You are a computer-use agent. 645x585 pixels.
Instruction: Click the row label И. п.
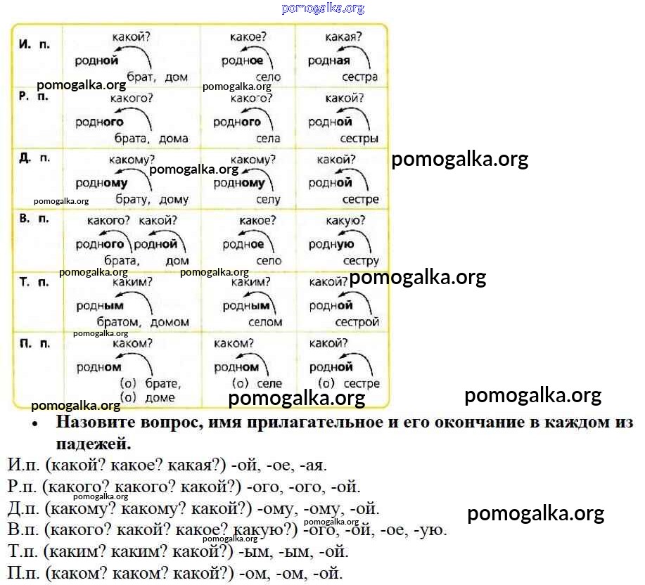click(x=34, y=44)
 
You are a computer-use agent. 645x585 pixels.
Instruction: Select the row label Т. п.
click(x=34, y=283)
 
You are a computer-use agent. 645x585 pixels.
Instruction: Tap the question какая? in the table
click(x=344, y=37)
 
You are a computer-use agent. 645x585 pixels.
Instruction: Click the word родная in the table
click(x=329, y=61)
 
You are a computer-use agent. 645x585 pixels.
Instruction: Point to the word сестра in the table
click(x=359, y=77)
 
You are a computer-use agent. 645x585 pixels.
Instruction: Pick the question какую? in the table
click(x=345, y=221)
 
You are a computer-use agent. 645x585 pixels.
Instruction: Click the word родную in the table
click(x=331, y=245)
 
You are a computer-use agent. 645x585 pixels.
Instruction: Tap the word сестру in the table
click(x=361, y=261)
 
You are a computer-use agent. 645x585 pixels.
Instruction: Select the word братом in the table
click(x=118, y=322)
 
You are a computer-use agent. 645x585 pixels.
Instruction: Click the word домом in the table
click(x=170, y=322)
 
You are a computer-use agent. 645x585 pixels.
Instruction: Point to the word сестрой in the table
click(x=357, y=322)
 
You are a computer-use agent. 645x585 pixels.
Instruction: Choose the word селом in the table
click(x=265, y=322)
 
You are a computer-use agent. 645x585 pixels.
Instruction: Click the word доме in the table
click(x=160, y=398)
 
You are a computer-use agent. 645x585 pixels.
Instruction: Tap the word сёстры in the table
click(x=359, y=139)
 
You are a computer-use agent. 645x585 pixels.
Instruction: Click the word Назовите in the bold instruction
click(x=96, y=423)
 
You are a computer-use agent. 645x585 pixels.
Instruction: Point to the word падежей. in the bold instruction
click(x=94, y=444)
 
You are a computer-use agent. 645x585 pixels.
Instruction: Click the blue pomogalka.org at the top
click(x=324, y=8)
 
